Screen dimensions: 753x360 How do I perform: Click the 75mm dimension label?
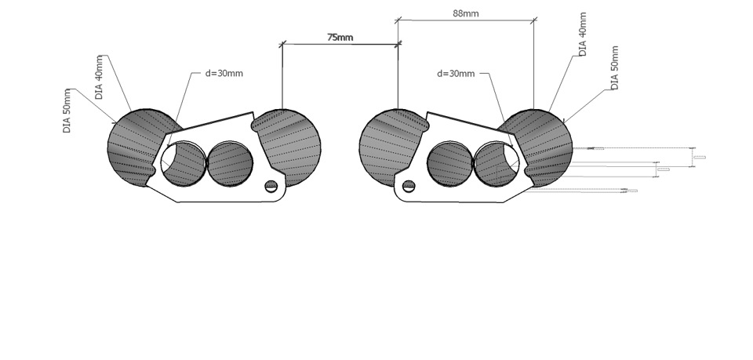pyautogui.click(x=340, y=38)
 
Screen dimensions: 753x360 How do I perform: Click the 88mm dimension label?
pyautogui.click(x=466, y=13)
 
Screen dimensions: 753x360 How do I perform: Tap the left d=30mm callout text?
pyautogui.click(x=224, y=74)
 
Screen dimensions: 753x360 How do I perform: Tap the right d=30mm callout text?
pyautogui.click(x=456, y=74)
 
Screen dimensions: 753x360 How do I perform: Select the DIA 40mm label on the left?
pyautogui.click(x=100, y=78)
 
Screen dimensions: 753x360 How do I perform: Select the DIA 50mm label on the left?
pyautogui.click(x=67, y=111)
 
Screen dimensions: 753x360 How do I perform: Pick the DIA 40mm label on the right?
pyautogui.click(x=583, y=35)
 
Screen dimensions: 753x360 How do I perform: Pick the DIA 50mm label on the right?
pyautogui.click(x=614, y=68)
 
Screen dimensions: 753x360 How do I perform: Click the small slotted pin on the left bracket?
pyautogui.click(x=271, y=186)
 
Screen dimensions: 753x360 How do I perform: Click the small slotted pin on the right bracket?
pyautogui.click(x=409, y=186)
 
